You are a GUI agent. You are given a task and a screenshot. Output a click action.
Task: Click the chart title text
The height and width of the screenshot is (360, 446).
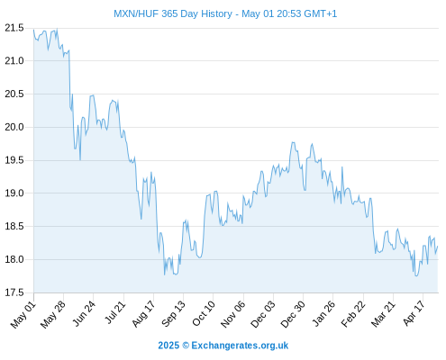(x=225, y=13)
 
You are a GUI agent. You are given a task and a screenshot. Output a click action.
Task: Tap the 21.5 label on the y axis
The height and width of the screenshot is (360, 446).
(x=14, y=28)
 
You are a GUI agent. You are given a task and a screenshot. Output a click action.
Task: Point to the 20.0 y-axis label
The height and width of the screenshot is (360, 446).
(x=14, y=127)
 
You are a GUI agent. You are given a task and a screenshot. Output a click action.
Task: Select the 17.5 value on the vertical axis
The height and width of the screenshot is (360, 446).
(x=14, y=292)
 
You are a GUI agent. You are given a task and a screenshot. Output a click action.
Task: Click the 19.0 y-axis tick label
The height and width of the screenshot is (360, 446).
(x=14, y=193)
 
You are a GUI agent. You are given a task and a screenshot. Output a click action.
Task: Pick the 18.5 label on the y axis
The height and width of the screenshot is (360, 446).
(x=14, y=226)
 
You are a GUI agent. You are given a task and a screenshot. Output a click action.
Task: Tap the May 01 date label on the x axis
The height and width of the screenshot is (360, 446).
(x=23, y=315)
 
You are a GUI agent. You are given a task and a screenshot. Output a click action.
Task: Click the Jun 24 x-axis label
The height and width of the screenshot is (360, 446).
(x=84, y=313)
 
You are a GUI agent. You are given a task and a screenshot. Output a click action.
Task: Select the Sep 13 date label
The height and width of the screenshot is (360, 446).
(x=173, y=313)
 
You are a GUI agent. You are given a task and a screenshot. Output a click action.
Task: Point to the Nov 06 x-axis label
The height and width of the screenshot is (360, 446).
(x=232, y=314)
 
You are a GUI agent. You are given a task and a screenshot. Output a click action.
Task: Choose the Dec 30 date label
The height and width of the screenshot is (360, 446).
(x=293, y=314)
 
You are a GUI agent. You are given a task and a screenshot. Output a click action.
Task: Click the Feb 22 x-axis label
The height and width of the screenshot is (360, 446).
(x=353, y=314)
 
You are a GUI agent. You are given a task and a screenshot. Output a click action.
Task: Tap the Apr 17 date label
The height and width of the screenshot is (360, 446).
(x=414, y=313)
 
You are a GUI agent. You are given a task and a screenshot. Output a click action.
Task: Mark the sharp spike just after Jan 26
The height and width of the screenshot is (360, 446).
(x=342, y=167)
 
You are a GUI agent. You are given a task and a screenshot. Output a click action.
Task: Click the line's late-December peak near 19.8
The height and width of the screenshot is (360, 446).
(x=293, y=142)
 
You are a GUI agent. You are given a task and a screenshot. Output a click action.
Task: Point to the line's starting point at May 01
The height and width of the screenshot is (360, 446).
(x=33, y=30)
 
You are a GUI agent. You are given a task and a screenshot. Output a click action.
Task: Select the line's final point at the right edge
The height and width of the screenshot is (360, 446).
(x=438, y=247)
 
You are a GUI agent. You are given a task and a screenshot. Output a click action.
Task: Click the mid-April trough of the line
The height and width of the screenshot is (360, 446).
(x=416, y=275)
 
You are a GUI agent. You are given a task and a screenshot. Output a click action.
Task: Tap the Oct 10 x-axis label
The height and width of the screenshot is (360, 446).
(x=204, y=313)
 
